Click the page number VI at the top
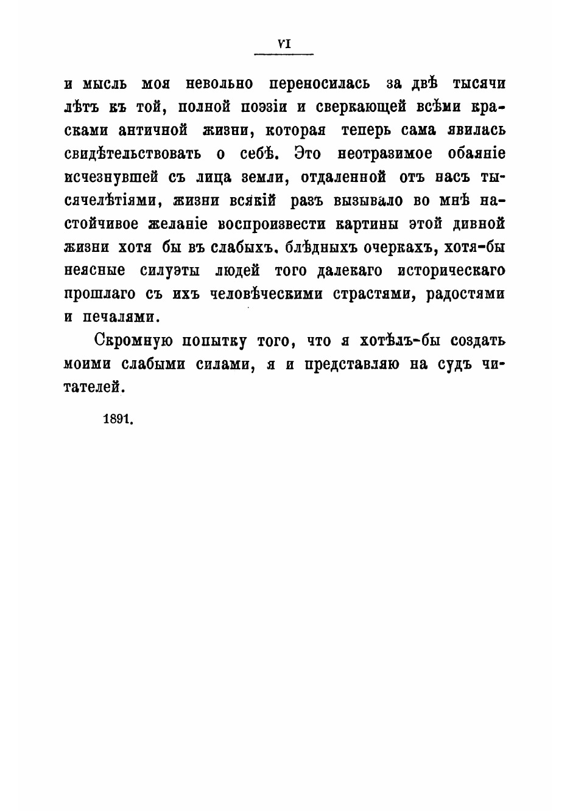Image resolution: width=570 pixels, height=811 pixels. [283, 43]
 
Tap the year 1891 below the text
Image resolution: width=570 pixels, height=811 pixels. [118, 419]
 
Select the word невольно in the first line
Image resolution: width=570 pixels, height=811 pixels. [220, 83]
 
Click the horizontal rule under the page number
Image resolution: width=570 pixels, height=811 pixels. [283, 55]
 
